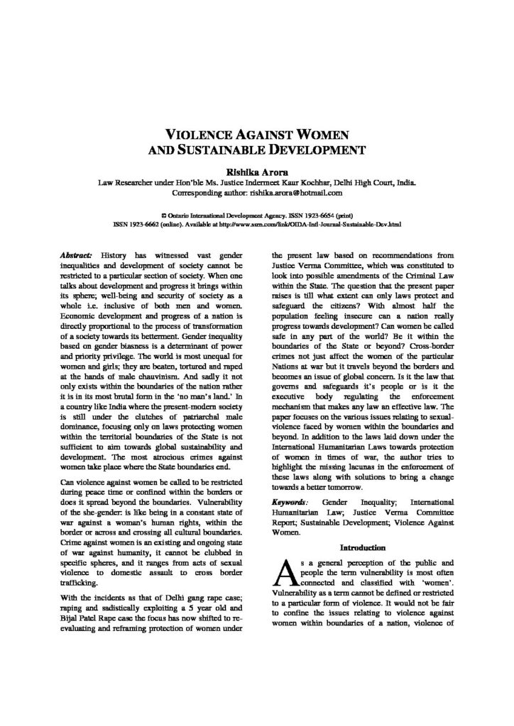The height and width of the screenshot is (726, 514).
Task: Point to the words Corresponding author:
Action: pos(212,191)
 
